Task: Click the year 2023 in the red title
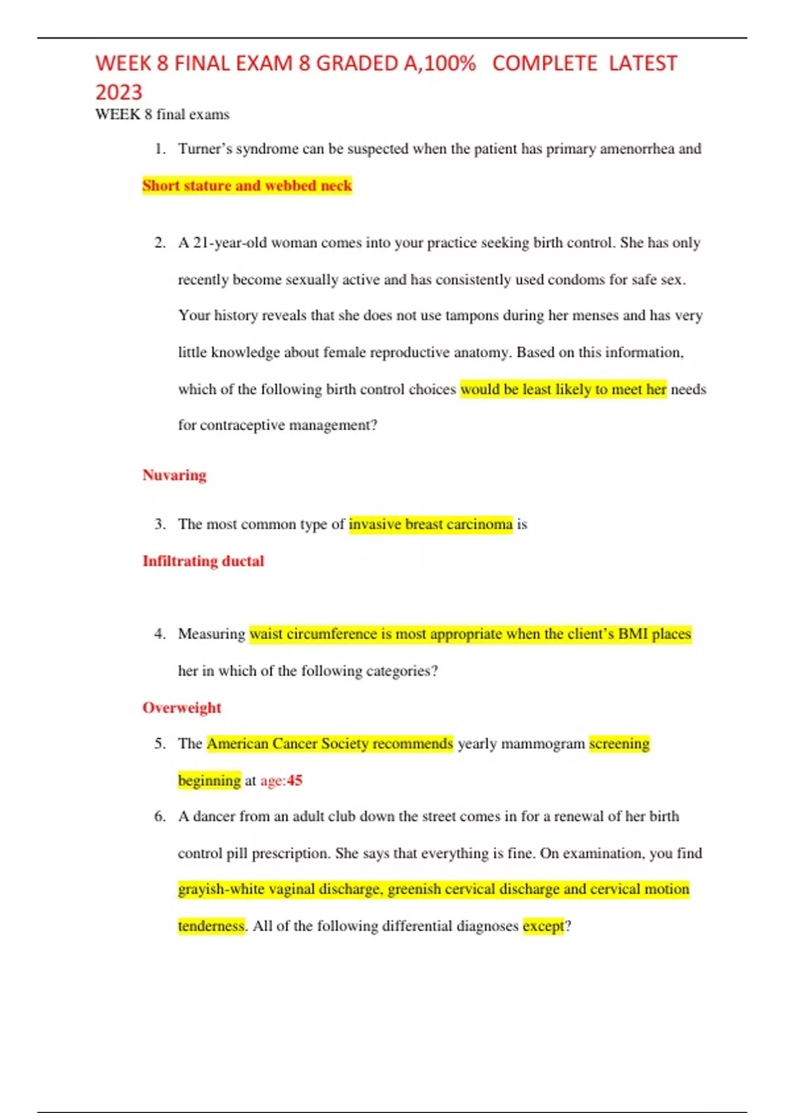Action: point(118,92)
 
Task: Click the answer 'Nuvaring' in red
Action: point(174,475)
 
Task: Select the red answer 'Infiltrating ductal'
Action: point(203,561)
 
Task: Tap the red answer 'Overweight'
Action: point(182,708)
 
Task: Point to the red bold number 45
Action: point(294,780)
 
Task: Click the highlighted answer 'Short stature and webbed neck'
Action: point(247,186)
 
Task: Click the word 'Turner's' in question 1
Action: point(205,149)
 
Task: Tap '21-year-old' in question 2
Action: point(230,243)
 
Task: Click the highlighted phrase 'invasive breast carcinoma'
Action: point(430,524)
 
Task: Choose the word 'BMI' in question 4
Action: point(633,634)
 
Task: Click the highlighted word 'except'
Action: point(543,926)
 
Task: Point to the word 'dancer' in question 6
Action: point(213,816)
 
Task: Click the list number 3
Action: point(160,524)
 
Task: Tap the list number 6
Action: point(160,816)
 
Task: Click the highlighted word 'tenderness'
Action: point(211,926)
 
